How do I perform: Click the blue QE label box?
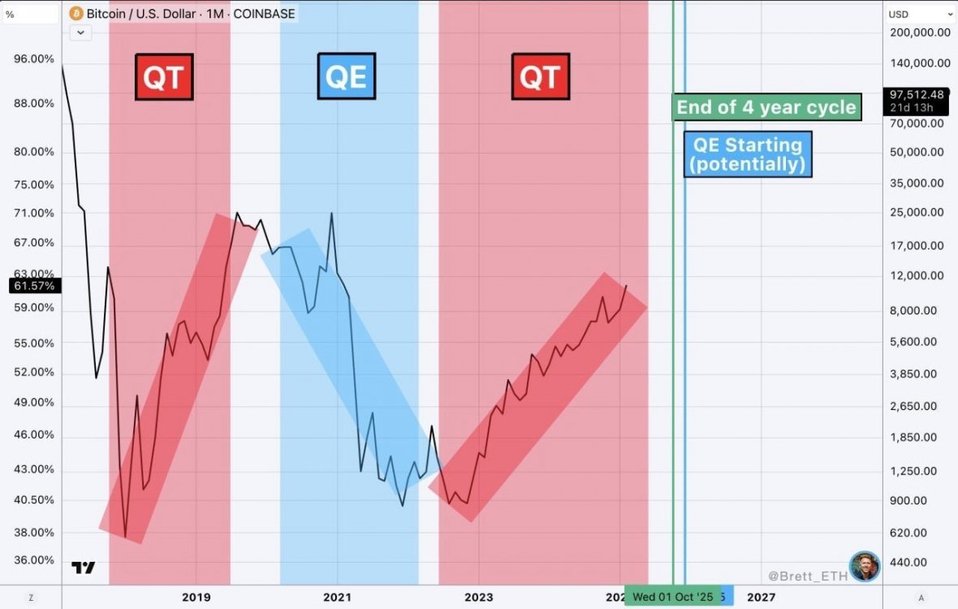coord(346,76)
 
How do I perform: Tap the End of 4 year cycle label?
coord(766,107)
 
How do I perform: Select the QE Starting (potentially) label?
coord(748,154)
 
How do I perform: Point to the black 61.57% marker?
coord(33,286)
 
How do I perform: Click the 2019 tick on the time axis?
coord(196,598)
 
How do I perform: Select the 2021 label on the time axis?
coord(337,598)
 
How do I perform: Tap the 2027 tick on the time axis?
coord(760,598)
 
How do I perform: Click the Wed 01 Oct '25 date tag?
coord(672,598)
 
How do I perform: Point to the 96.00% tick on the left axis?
coord(34,59)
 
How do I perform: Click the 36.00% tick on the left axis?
coord(34,560)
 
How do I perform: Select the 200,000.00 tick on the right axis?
coord(920,32)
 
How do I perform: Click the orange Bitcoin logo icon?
coord(76,14)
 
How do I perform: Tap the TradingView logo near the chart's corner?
coord(83,568)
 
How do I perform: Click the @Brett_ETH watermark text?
coord(806,576)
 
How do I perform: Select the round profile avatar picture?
coord(865,567)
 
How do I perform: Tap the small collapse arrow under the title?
coord(80,32)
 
